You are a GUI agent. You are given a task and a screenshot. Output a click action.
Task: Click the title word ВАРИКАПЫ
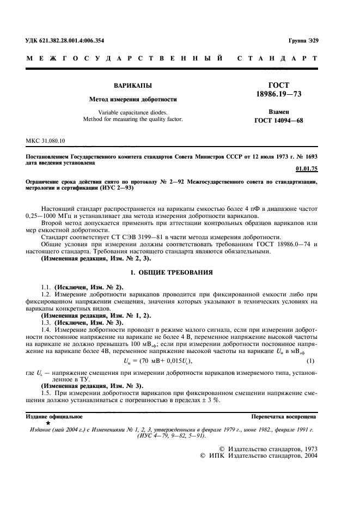click(x=133, y=86)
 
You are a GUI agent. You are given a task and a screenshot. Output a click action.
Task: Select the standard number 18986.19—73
click(x=279, y=94)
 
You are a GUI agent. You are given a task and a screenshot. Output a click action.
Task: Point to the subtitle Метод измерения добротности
click(x=133, y=99)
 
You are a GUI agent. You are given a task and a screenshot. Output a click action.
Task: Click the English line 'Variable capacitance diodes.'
click(x=133, y=112)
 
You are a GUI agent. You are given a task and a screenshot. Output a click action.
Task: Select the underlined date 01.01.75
click(x=305, y=169)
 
